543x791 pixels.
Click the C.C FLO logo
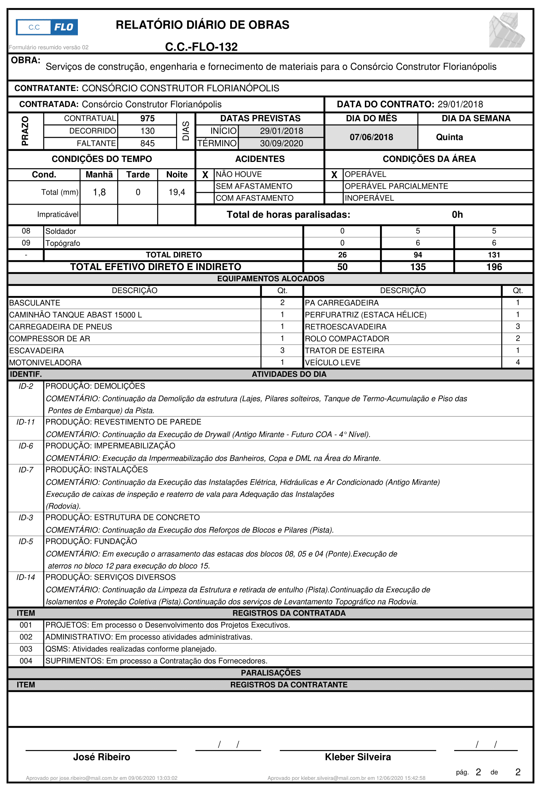tap(47, 27)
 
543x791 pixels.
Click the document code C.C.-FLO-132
tap(201, 47)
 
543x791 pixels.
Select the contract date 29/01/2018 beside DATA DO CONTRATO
tap(460, 104)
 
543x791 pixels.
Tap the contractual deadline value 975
tap(147, 119)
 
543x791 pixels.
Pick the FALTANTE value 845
tap(147, 143)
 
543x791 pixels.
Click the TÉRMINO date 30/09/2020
tap(281, 143)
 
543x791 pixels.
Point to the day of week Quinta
tap(449, 137)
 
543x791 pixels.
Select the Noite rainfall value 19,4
tap(176, 192)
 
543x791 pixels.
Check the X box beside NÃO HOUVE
tap(205, 175)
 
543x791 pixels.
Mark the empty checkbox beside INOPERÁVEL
tap(334, 198)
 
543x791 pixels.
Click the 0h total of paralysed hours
tap(457, 215)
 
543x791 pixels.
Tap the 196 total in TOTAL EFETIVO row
tap(494, 267)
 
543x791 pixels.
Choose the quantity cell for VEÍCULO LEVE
tap(517, 362)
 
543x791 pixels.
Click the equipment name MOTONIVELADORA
tap(45, 362)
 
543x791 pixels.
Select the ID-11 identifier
tap(26, 422)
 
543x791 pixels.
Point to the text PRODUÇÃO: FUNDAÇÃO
tap(91, 541)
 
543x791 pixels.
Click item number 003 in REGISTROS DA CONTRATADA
tap(26, 649)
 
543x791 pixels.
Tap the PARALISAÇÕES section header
tap(271, 673)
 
